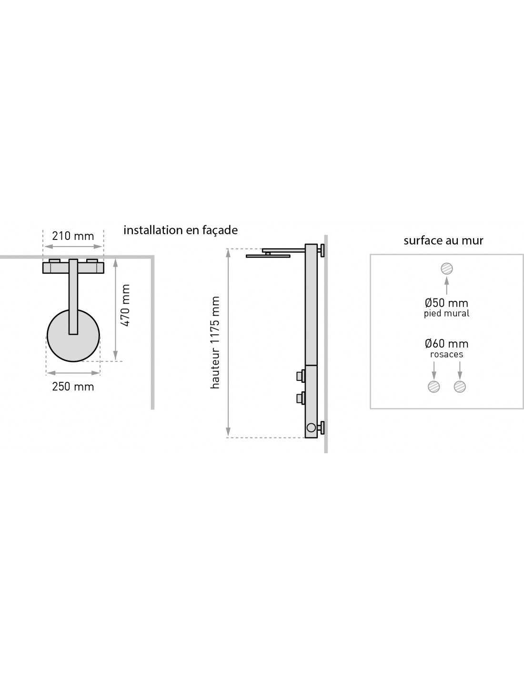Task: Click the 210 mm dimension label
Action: tap(73, 236)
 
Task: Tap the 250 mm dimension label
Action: tap(73, 387)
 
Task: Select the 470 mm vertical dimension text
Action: tap(125, 305)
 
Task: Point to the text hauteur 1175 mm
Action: tap(215, 342)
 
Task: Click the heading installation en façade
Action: tap(181, 230)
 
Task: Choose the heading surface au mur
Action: tap(443, 240)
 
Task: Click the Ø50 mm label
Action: tap(446, 303)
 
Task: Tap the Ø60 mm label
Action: tap(446, 344)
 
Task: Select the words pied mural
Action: tap(446, 313)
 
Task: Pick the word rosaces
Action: tap(446, 354)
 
